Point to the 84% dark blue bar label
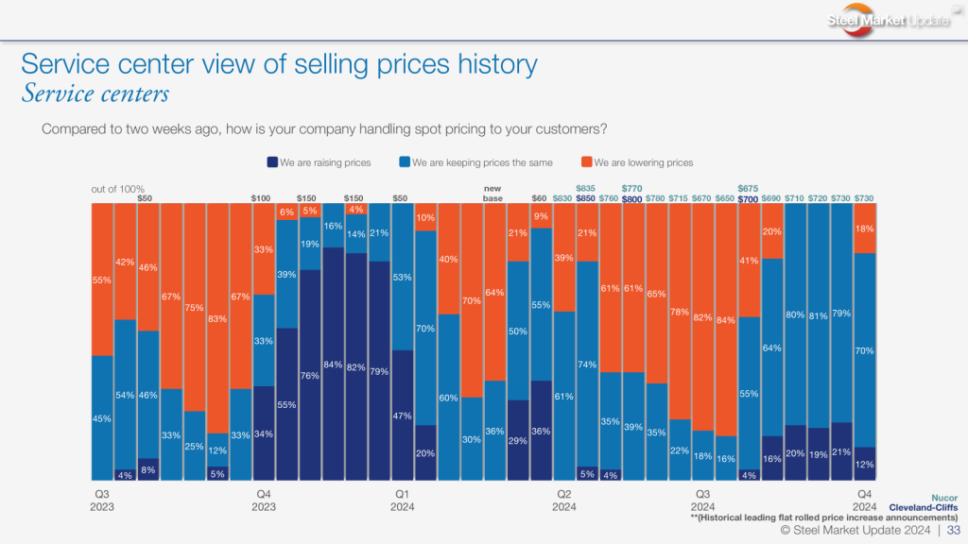coord(333,365)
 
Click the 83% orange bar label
coord(217,320)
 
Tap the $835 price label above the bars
coord(586,189)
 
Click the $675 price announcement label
coord(748,189)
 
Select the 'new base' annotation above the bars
coord(493,194)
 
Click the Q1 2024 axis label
coord(402,500)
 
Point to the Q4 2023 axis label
coord(265,500)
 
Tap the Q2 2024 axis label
coord(563,500)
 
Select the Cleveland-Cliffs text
coord(923,507)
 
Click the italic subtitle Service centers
coord(95,93)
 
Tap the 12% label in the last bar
coord(863,464)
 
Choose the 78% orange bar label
coord(678,312)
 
